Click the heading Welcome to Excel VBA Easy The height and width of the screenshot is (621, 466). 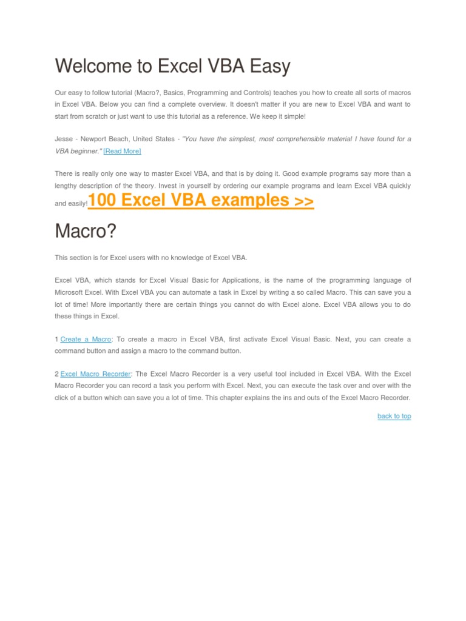tap(172, 65)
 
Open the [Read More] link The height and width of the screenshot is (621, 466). tap(122, 151)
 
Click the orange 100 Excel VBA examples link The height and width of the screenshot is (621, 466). tap(201, 200)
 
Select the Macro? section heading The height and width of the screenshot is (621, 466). tap(86, 231)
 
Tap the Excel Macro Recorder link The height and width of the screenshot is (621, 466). tap(96, 374)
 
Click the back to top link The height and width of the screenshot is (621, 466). tap(394, 416)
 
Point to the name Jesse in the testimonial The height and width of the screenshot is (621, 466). tap(63, 139)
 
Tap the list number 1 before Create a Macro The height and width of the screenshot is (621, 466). tap(56, 340)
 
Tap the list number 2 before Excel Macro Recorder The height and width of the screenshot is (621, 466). tap(56, 374)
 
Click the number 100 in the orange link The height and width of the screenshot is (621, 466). tap(102, 200)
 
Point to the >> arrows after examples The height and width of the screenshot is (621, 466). tap(303, 200)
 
